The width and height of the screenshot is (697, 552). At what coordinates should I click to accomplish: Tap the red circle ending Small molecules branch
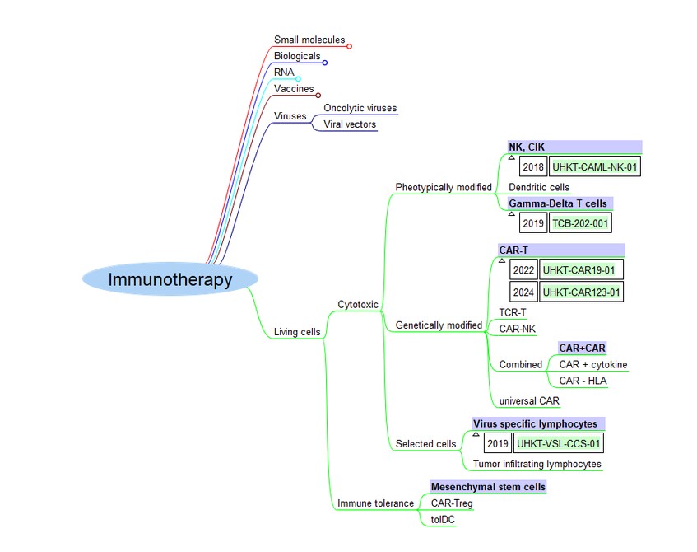coord(350,46)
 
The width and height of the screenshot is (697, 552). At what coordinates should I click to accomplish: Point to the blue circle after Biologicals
coord(325,63)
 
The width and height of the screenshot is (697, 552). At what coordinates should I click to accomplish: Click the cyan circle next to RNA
coord(299,79)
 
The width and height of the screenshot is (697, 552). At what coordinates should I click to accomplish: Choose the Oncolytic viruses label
coord(360,108)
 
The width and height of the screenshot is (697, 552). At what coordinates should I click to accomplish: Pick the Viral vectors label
coord(350,124)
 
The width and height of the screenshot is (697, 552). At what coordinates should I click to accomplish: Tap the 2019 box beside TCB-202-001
coord(533,222)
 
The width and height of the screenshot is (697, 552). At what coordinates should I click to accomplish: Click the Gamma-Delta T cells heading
coord(560,203)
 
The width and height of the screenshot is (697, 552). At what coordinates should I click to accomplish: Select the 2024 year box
coord(523,292)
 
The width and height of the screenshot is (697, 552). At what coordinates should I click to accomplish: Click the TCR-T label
coord(513,312)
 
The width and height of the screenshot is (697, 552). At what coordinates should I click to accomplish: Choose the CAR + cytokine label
coord(593,364)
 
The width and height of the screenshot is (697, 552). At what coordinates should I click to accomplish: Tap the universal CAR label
coord(528,401)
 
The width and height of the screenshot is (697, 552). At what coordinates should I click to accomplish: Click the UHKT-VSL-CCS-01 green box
coord(558,443)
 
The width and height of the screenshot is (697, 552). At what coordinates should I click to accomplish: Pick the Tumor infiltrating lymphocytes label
coord(537,464)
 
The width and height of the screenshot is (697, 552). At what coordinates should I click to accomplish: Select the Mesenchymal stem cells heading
coord(488,487)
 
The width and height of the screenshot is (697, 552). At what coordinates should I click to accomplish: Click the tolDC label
coord(443,519)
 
